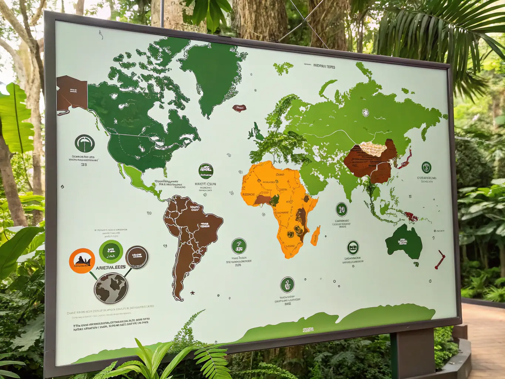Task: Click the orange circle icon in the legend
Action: (82, 261)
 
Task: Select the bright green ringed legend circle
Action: (111, 252)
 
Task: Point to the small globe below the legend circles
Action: (111, 288)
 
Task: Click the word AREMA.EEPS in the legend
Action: (111, 267)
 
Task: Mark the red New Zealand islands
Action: (440, 259)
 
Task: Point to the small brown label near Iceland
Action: (239, 108)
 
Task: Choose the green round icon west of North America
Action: (85, 143)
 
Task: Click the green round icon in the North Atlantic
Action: (206, 171)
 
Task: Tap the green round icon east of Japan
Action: (426, 167)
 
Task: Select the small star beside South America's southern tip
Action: (192, 293)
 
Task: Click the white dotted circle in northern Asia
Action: (366, 113)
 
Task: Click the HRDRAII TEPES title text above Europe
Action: (324, 67)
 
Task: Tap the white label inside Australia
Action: (403, 242)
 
